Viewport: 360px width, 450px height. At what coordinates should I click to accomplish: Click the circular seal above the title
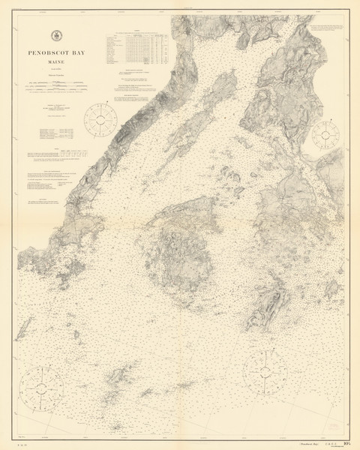56,35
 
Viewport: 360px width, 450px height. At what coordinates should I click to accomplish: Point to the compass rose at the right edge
324,135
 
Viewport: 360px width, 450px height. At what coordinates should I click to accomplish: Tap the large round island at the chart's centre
184,240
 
